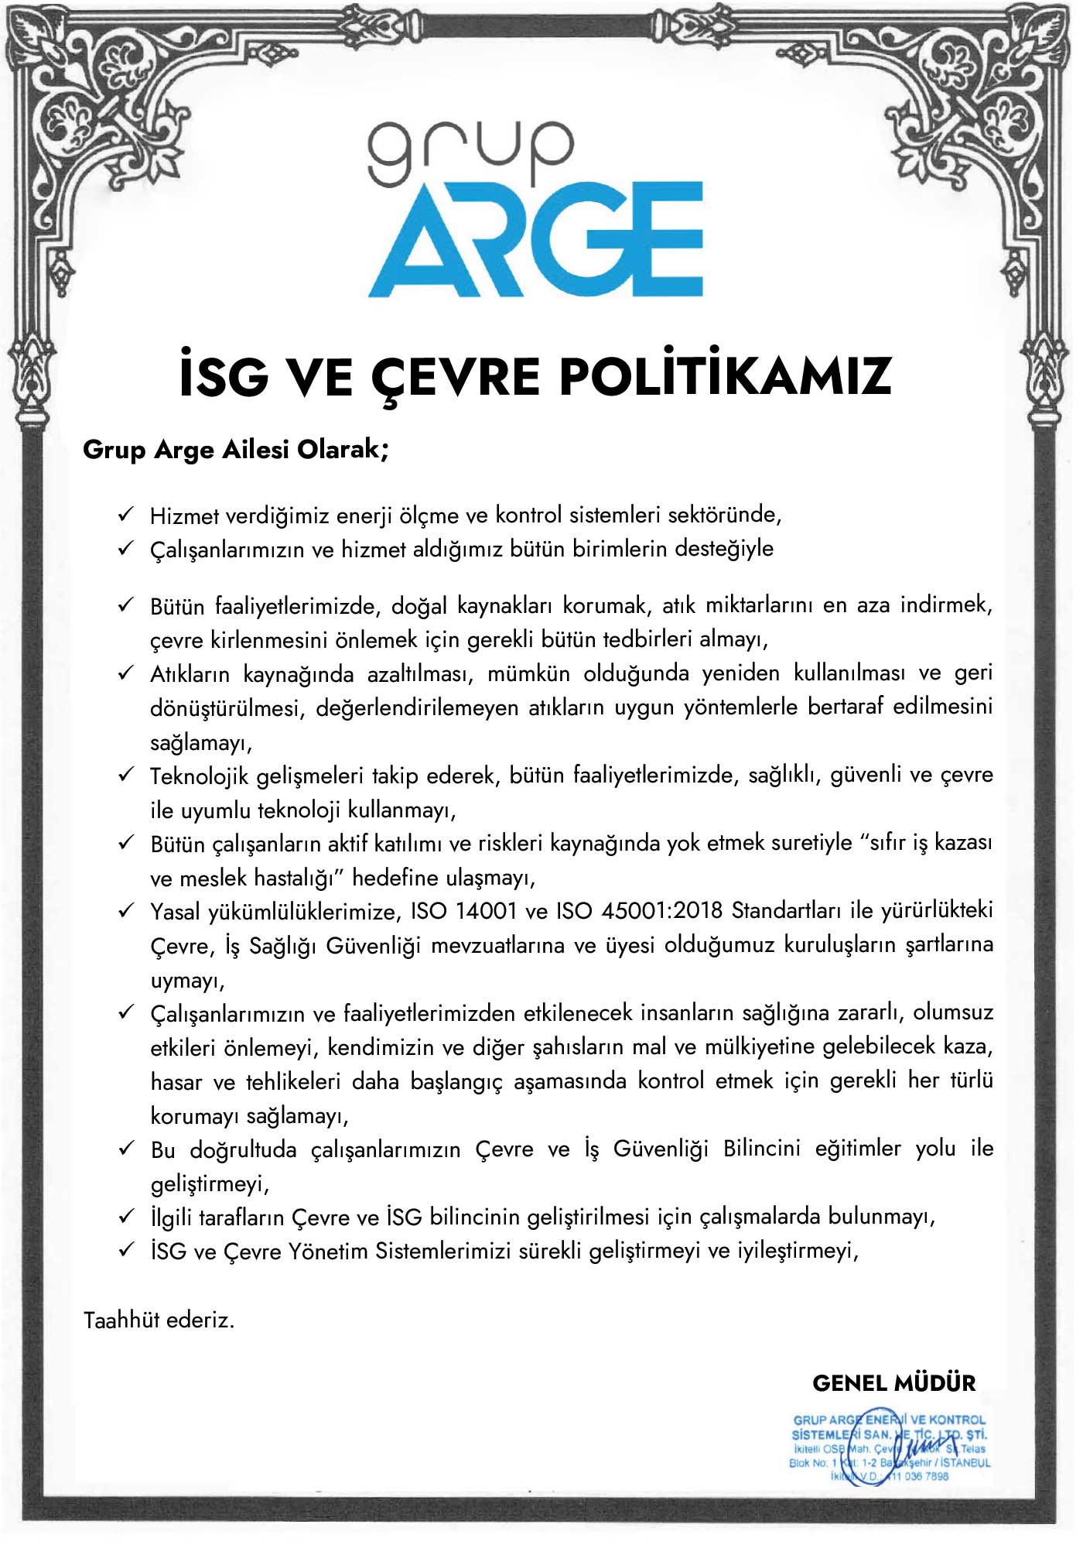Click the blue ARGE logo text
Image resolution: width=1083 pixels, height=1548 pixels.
[535, 240]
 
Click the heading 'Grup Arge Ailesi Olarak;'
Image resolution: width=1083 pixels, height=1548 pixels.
[235, 450]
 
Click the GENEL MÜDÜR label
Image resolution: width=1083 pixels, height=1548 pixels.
[893, 1383]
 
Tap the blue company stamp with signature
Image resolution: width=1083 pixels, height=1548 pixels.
[890, 1447]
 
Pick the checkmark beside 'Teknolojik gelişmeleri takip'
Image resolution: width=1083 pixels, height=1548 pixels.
[126, 775]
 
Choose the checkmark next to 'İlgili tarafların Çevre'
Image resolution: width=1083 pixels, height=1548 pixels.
[126, 1217]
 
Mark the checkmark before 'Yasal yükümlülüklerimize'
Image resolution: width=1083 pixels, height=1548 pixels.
[126, 911]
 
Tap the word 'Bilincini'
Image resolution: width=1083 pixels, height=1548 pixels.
[761, 1149]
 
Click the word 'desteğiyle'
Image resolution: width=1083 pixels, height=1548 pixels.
[723, 550]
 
